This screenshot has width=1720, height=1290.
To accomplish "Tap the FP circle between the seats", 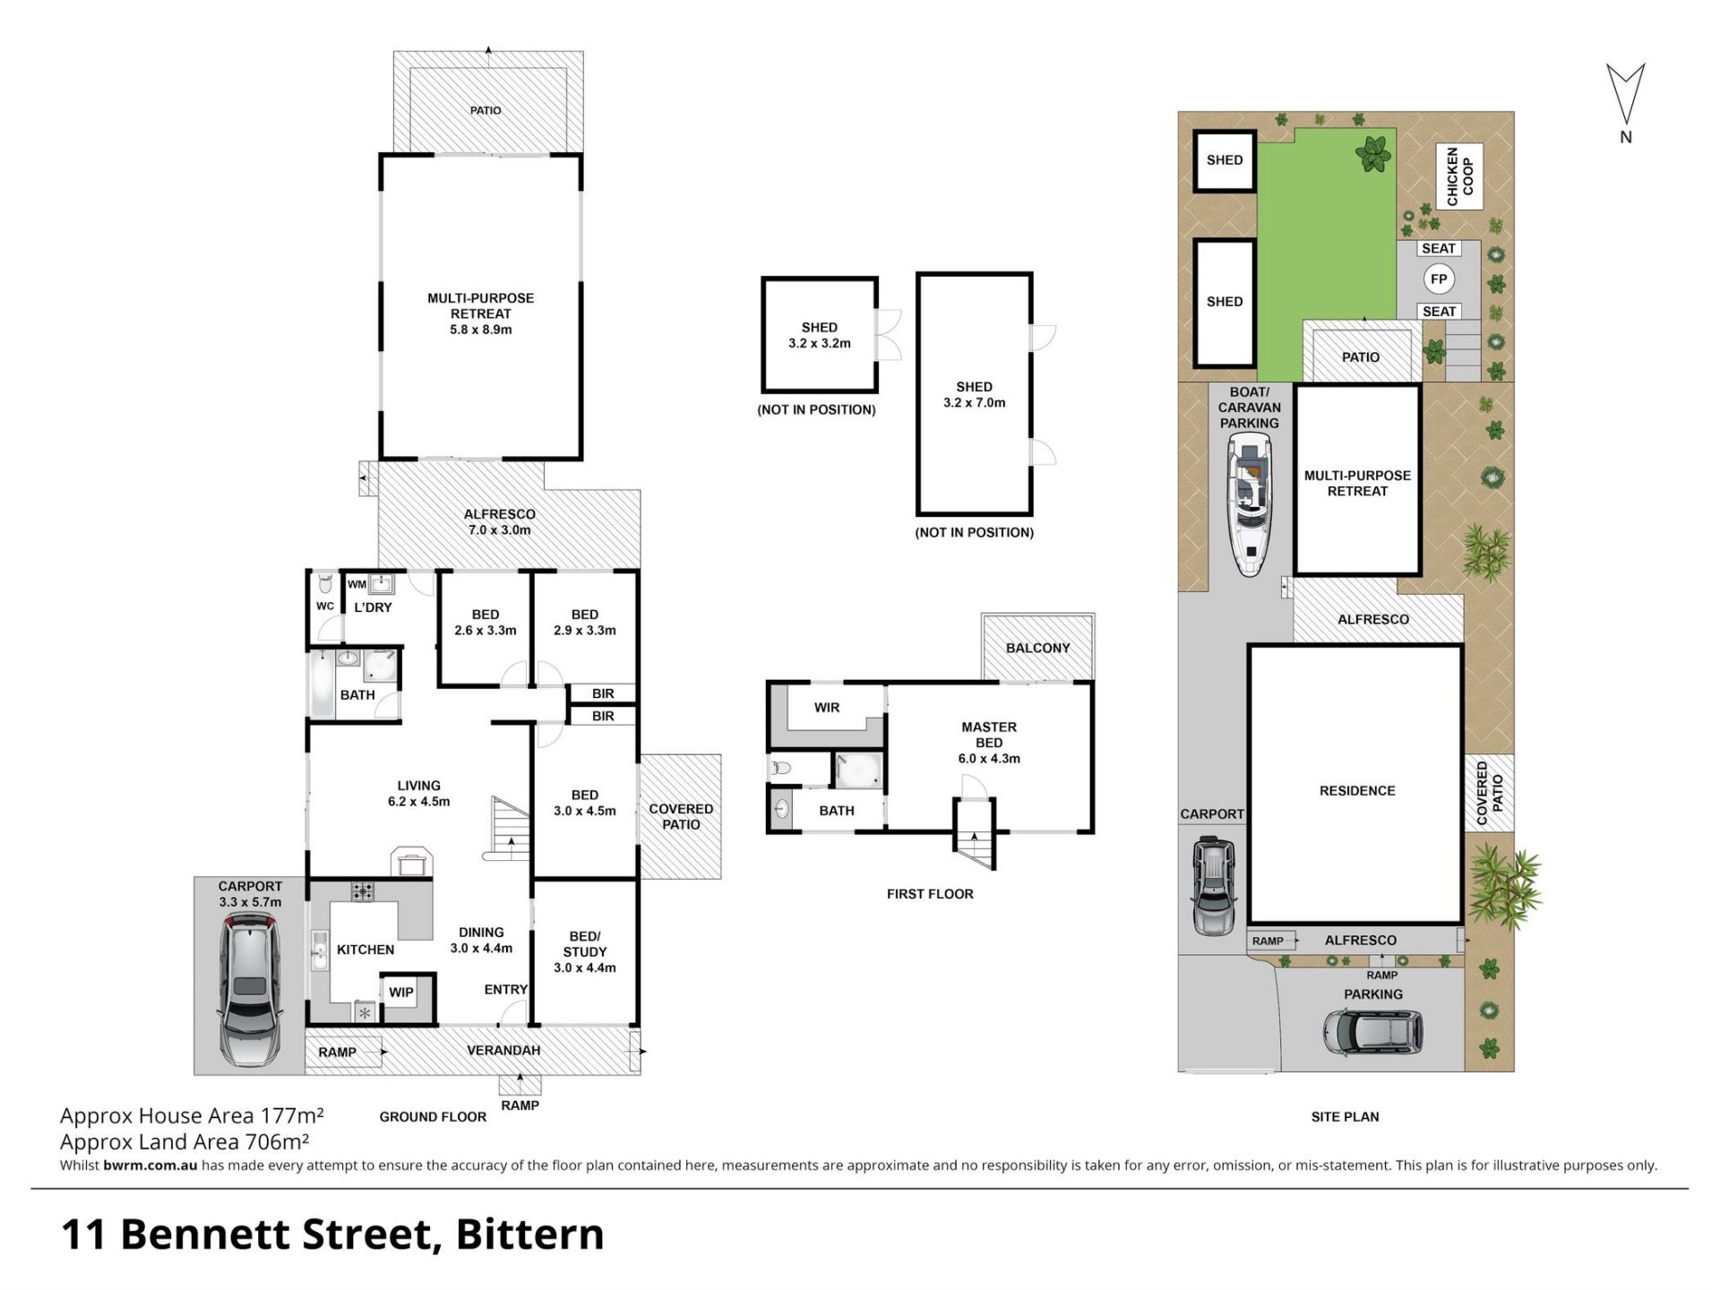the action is click(x=1439, y=279).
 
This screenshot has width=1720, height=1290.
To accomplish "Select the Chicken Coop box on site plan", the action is click(x=1459, y=176).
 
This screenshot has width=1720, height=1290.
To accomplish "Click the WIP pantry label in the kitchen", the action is click(x=401, y=992).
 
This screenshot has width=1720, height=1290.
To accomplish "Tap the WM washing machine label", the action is click(x=357, y=584).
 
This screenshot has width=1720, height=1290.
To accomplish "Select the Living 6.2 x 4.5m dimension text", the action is click(x=418, y=794).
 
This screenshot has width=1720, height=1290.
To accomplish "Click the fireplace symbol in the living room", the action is click(x=411, y=862).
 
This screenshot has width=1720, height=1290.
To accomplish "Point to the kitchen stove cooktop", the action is click(x=363, y=891).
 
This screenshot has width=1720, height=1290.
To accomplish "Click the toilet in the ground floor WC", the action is click(x=325, y=585).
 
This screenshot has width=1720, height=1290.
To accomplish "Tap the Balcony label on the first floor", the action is click(x=1037, y=648).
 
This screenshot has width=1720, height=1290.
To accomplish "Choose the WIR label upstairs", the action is click(x=827, y=708).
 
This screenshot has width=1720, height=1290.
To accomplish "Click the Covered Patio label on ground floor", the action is click(x=681, y=816).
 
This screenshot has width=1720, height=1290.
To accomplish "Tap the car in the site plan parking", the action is click(x=1372, y=1032).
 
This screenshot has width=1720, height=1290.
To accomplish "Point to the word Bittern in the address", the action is click(x=530, y=1234).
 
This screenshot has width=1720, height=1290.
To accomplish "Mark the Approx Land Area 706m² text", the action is click(x=185, y=1141).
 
